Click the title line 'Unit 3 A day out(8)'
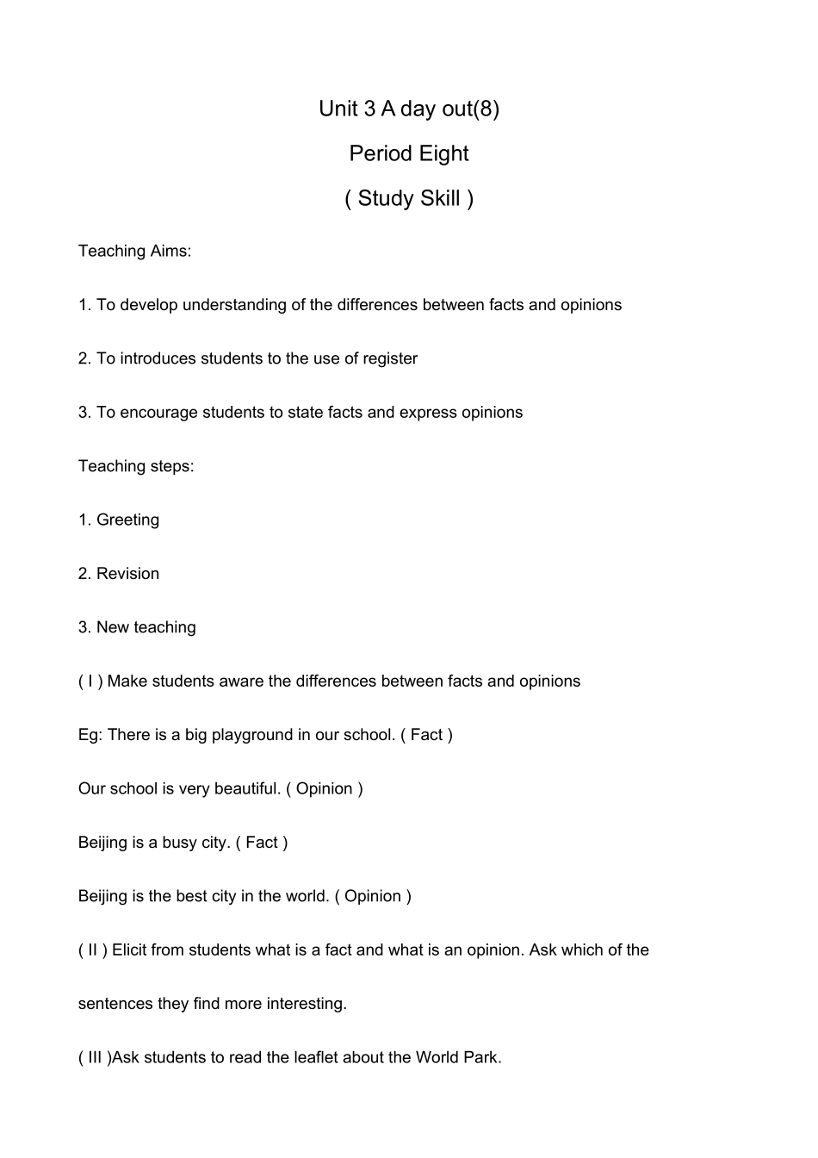[408, 109]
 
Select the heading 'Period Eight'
[408, 153]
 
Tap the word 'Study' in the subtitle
[385, 198]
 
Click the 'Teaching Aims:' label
[134, 251]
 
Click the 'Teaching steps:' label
[136, 466]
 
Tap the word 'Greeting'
[127, 520]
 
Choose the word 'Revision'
[127, 574]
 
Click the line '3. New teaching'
[137, 627]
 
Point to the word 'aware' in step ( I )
[242, 682]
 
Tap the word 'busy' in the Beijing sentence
[179, 843]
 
